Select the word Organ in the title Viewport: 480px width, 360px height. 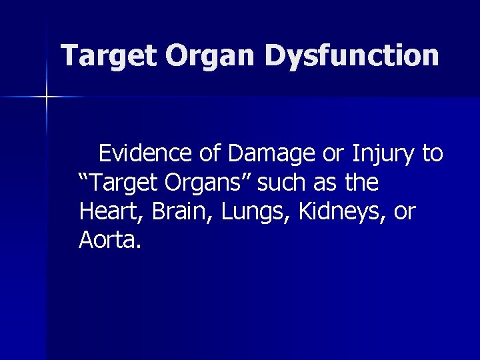210,56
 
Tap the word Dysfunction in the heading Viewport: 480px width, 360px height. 351,56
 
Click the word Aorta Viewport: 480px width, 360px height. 109,240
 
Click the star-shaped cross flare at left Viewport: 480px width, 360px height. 47,97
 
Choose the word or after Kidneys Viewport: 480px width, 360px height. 405,213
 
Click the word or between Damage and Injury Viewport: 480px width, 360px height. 333,155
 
